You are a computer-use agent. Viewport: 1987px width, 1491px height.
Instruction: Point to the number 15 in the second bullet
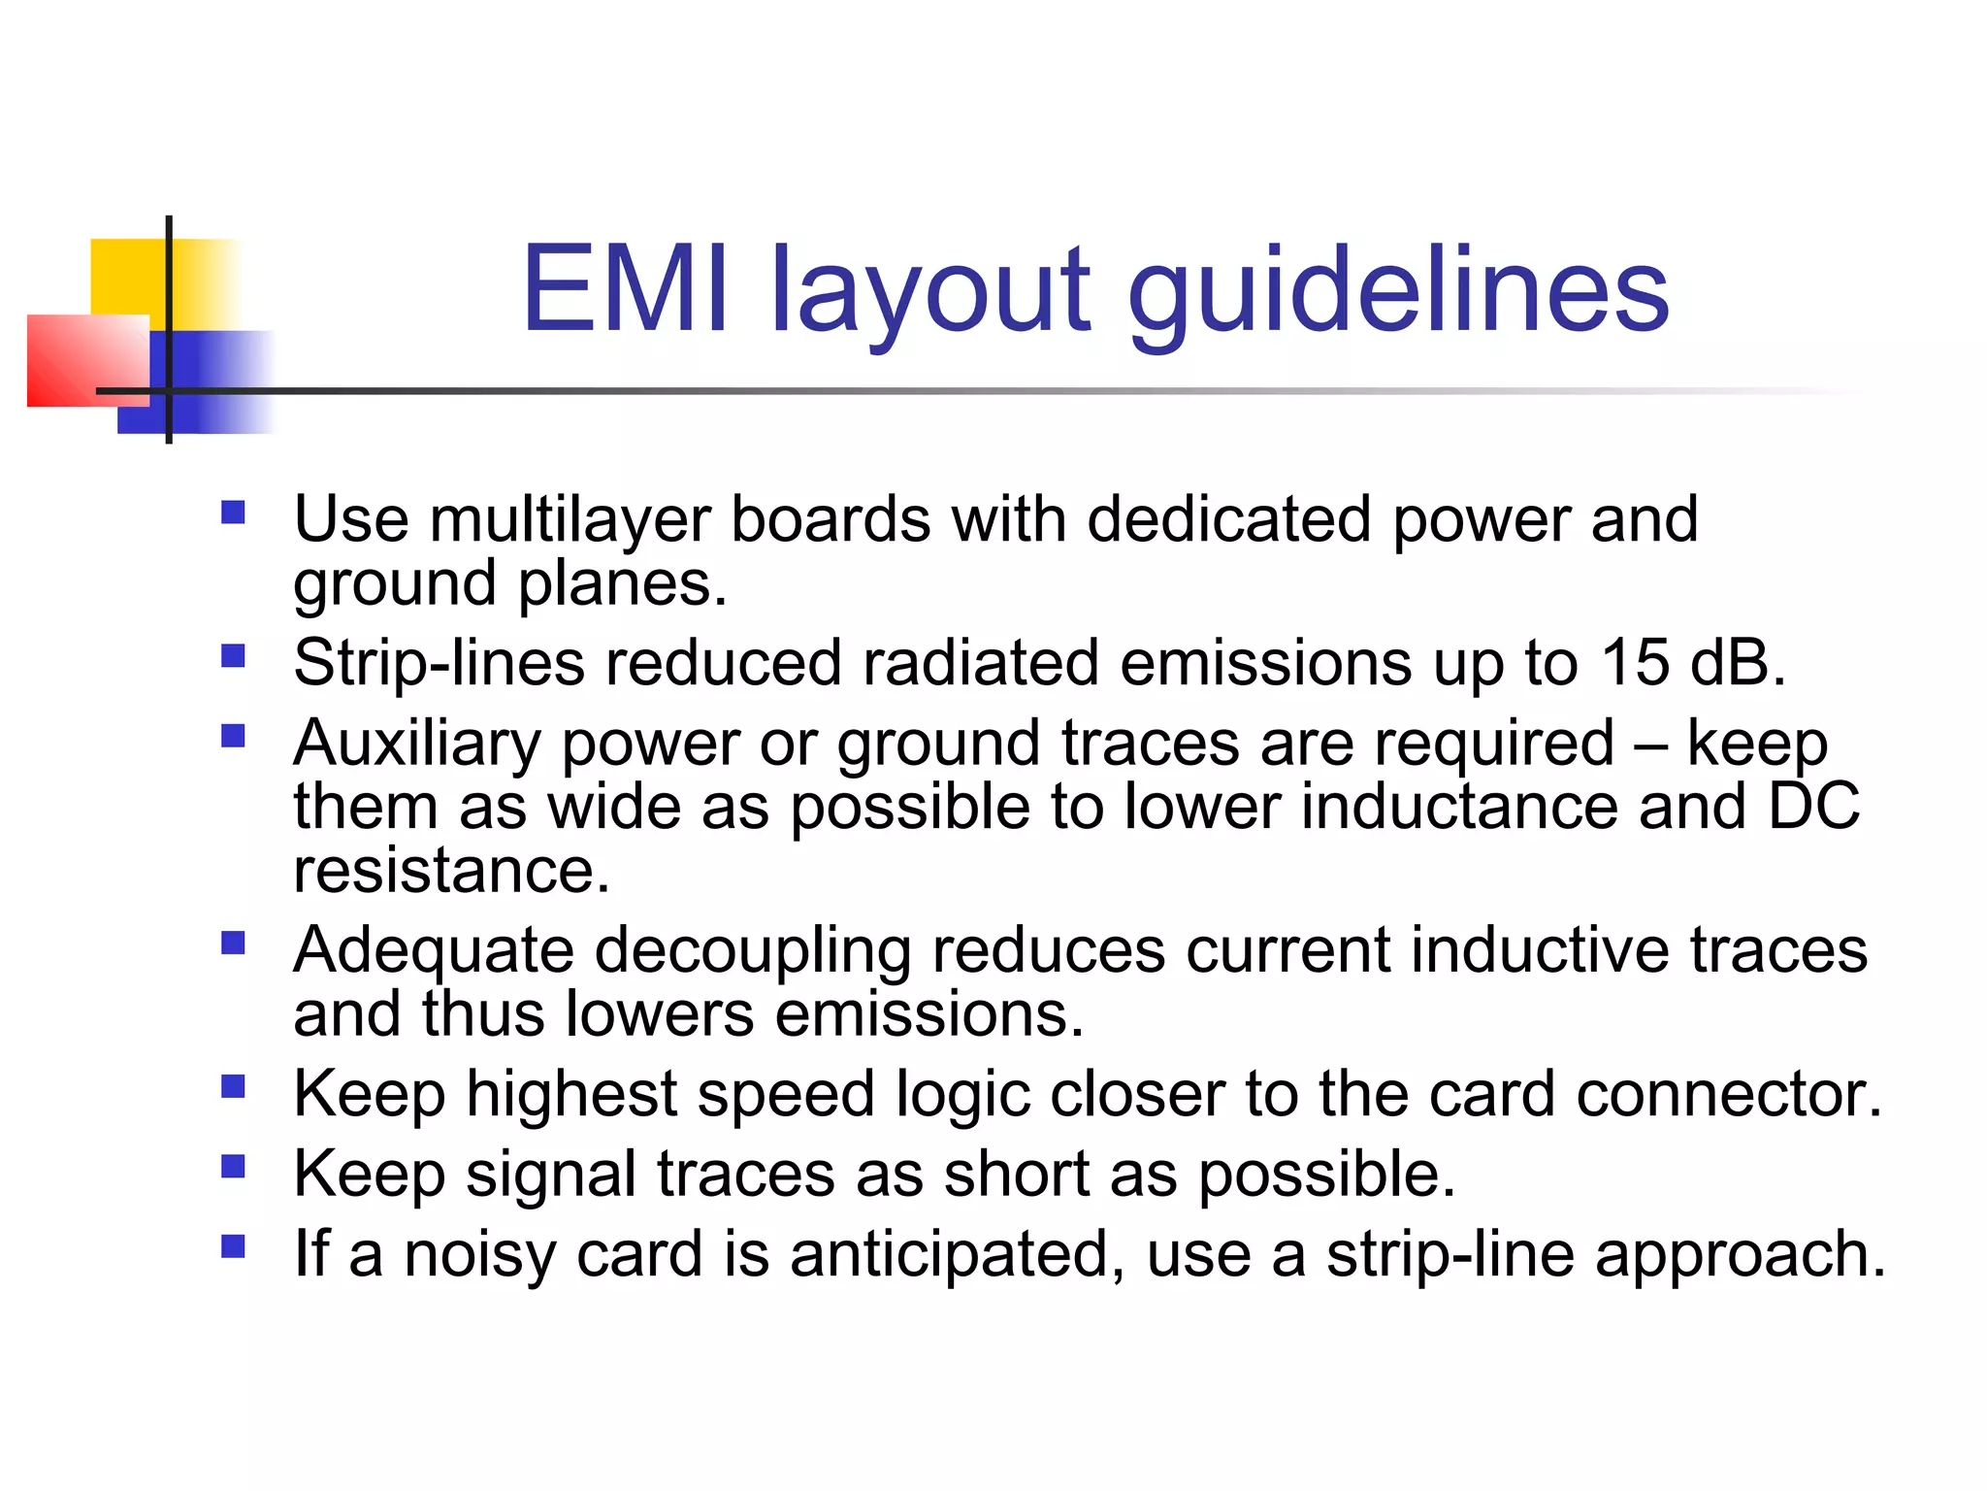tap(1635, 663)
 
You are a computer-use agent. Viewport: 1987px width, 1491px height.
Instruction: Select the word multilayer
tap(570, 521)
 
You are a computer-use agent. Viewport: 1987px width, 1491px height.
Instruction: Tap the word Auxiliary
tap(417, 745)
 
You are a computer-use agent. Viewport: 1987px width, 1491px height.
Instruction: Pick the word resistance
tap(452, 870)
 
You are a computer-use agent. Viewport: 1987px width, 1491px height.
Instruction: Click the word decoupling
tap(752, 951)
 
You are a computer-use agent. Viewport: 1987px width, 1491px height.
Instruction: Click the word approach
tap(1741, 1255)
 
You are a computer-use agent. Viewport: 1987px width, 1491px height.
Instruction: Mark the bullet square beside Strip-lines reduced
tap(233, 657)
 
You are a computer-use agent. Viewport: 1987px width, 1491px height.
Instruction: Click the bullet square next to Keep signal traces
tap(233, 1166)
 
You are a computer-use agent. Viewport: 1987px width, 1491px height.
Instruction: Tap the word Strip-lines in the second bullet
tap(439, 665)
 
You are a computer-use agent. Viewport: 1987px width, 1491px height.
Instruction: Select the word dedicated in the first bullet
tap(1229, 519)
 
